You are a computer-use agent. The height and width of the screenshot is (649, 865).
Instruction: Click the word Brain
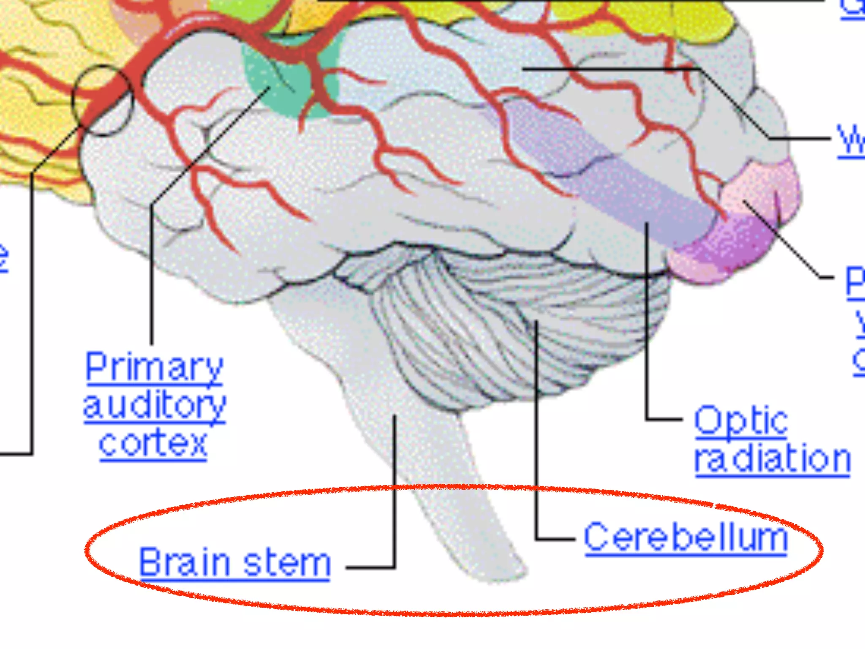(x=185, y=562)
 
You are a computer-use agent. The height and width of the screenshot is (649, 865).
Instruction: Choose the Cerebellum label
(x=685, y=537)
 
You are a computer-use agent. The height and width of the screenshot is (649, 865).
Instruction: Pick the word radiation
(x=773, y=459)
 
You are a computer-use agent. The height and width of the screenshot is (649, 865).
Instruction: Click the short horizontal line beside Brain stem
(x=370, y=567)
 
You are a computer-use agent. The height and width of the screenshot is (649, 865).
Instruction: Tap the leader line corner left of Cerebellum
(x=536, y=539)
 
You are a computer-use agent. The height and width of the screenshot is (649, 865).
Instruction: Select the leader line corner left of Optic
(x=646, y=419)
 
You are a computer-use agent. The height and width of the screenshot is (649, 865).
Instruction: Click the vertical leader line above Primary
(x=151, y=275)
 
